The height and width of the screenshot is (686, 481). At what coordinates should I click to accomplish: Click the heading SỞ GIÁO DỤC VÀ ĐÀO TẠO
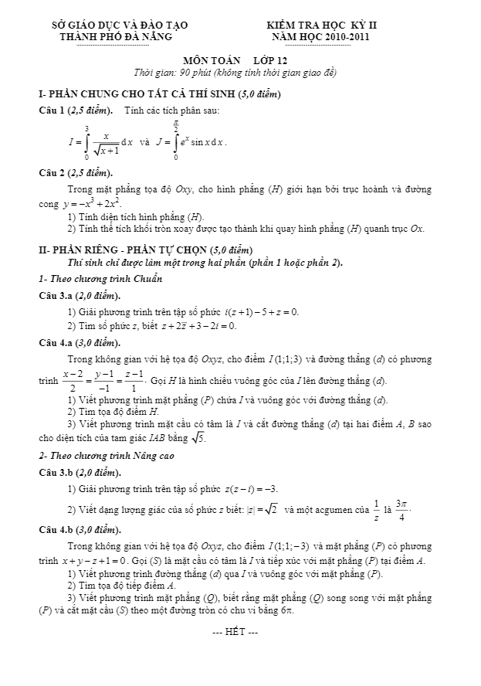120,25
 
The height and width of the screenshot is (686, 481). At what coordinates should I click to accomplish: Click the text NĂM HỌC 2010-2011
321,36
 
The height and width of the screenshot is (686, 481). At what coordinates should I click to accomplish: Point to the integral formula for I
101,142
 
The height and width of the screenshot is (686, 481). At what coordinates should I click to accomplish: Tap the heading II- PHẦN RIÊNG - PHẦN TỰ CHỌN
146,250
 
